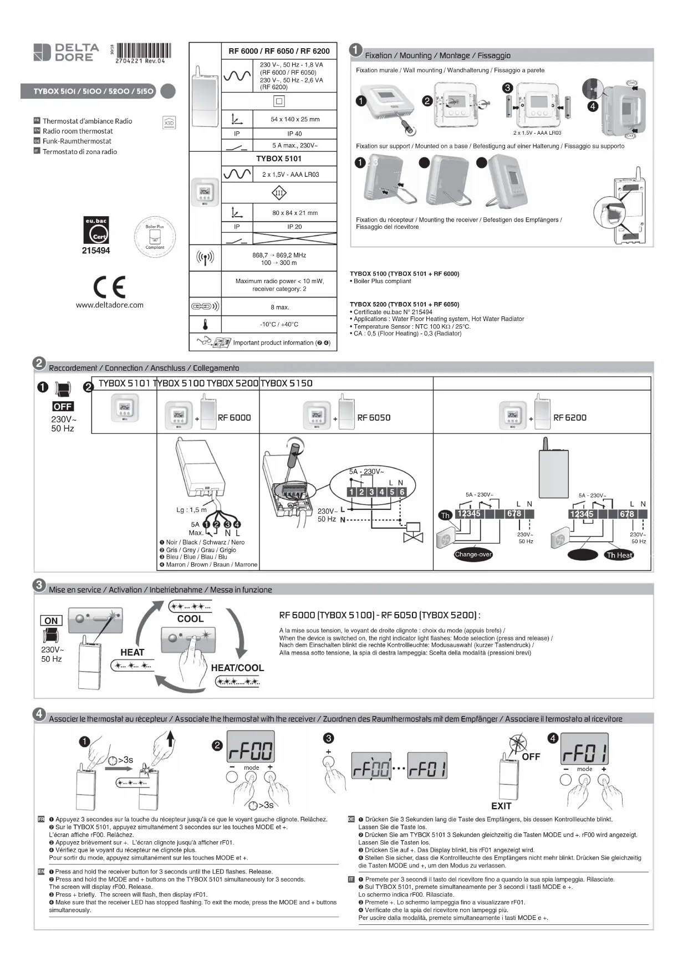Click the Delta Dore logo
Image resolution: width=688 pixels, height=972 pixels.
(x=66, y=52)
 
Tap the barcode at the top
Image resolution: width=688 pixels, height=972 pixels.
(x=144, y=50)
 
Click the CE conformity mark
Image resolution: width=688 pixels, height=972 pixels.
(x=109, y=287)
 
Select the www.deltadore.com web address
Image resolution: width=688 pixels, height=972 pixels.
(x=110, y=305)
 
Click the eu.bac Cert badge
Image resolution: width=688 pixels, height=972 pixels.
(x=96, y=231)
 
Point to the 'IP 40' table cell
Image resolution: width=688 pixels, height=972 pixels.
(x=294, y=134)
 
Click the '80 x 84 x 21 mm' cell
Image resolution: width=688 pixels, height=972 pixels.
(x=294, y=213)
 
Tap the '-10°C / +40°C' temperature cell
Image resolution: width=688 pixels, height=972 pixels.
(x=279, y=324)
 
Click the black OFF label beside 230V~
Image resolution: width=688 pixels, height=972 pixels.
(x=63, y=407)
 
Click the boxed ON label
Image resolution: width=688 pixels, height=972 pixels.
(x=51, y=621)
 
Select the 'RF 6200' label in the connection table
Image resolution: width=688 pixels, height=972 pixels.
(x=569, y=418)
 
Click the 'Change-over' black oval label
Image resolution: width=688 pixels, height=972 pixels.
(x=473, y=554)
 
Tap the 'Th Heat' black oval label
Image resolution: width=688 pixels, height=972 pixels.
(x=619, y=555)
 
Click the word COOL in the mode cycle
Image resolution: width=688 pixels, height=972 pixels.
(x=190, y=619)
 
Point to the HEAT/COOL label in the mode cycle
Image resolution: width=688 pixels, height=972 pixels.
(x=237, y=668)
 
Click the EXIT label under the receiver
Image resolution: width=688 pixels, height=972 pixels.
(x=501, y=806)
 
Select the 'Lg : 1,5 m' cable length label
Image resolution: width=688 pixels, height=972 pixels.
(x=191, y=510)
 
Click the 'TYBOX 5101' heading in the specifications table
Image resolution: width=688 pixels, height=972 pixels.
(x=279, y=158)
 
